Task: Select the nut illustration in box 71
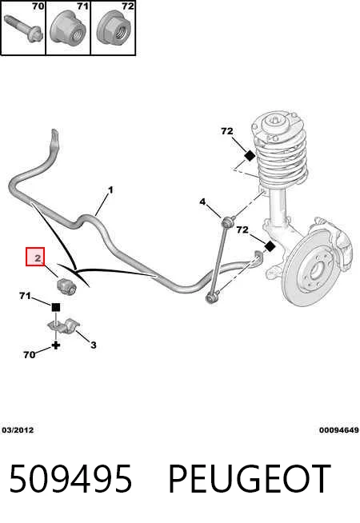(68, 30)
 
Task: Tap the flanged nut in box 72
(114, 30)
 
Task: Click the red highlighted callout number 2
(35, 257)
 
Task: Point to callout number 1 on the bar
(110, 190)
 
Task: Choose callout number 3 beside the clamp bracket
(94, 345)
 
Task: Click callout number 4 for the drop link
(202, 202)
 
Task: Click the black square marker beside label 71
(56, 307)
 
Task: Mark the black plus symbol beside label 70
(56, 345)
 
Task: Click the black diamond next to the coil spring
(249, 155)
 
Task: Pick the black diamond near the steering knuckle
(270, 247)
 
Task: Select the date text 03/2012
(18, 430)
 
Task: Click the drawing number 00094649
(338, 430)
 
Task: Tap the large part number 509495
(70, 479)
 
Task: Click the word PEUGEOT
(250, 479)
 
